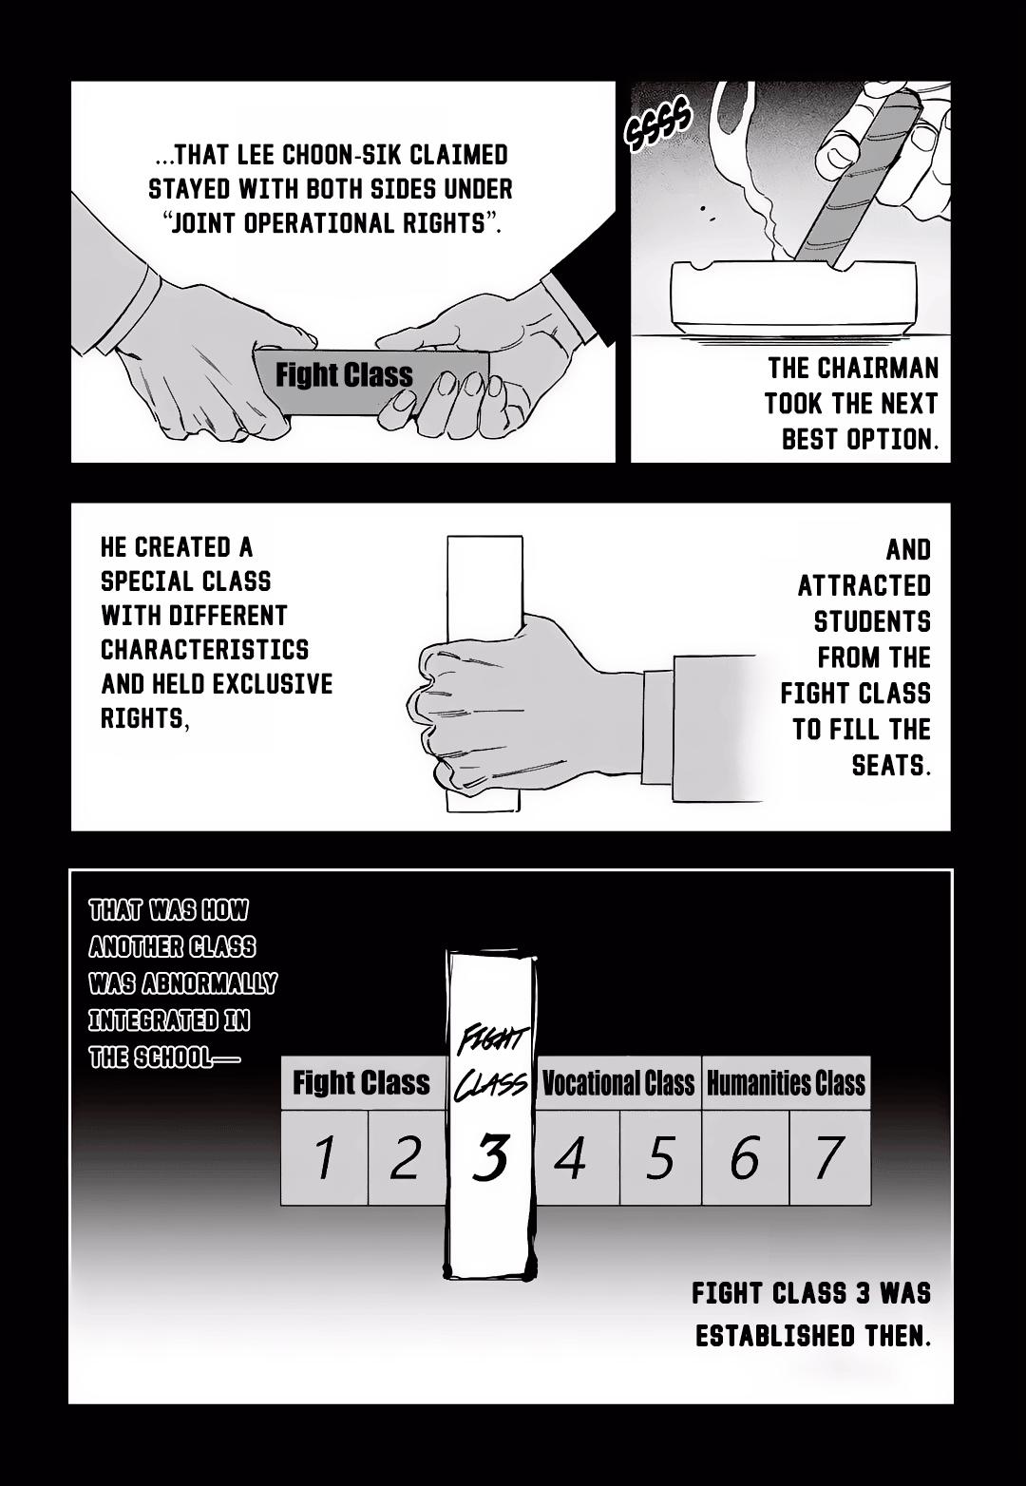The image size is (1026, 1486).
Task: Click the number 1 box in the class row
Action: coord(324,1157)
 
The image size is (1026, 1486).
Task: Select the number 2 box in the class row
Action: coord(406,1157)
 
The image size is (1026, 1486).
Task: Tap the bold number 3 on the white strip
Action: coord(490,1157)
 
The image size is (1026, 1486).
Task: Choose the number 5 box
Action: coord(660,1157)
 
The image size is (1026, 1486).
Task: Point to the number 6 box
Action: coord(744,1157)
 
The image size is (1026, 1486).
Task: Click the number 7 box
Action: coord(828,1157)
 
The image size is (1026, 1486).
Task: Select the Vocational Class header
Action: coord(618,1083)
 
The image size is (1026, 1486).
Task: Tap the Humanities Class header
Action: coord(786,1083)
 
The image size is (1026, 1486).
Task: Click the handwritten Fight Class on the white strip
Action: coord(491,1063)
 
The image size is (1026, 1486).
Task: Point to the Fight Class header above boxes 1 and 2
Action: coord(362,1083)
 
